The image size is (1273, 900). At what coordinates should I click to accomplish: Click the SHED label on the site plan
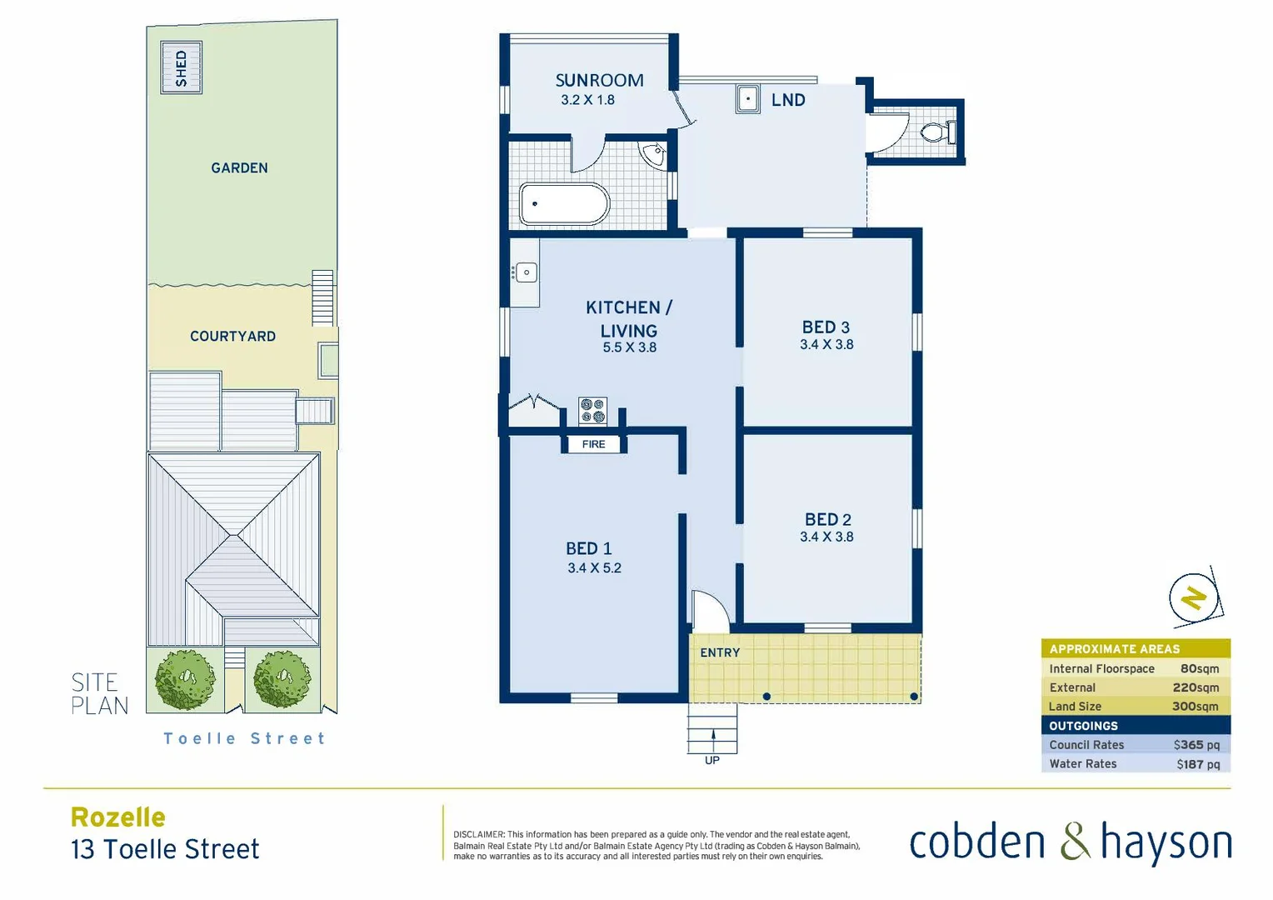(181, 67)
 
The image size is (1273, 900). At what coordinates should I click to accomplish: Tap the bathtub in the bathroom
(564, 204)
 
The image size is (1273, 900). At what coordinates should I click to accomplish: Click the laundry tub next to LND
(747, 99)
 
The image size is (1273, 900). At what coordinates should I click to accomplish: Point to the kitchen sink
(526, 272)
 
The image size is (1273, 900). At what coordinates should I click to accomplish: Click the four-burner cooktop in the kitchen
(593, 411)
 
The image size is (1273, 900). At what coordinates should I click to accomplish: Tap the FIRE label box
(593, 444)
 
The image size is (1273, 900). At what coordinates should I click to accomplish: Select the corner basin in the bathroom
(654, 154)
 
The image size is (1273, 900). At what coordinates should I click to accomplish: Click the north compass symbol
(1194, 597)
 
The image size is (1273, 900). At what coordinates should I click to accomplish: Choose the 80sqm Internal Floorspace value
(1199, 668)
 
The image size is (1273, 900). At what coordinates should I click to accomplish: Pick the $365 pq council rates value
(1196, 745)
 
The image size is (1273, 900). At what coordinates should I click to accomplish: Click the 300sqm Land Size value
(1195, 706)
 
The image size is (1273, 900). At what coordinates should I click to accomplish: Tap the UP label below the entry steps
(712, 760)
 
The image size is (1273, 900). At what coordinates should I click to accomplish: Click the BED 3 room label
(826, 327)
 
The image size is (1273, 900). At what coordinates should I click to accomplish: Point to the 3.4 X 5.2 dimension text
(594, 568)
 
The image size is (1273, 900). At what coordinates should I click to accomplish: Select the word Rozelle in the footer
(118, 817)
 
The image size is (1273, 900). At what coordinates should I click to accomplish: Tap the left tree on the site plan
(186, 679)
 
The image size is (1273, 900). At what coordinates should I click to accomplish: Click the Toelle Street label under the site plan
(244, 738)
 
